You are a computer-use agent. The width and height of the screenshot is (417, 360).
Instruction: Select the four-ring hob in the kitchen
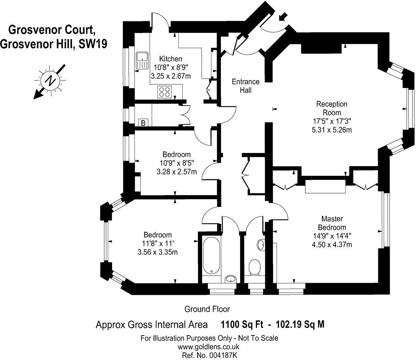164,92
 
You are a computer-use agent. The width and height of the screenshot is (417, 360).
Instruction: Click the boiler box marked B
143,123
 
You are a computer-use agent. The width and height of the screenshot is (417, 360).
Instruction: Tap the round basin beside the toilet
261,244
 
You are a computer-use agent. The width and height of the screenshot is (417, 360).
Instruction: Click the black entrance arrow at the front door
284,16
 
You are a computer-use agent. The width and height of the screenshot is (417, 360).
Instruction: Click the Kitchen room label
170,59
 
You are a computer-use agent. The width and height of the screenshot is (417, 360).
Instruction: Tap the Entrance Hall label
245,86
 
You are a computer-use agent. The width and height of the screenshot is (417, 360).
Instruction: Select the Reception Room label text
331,108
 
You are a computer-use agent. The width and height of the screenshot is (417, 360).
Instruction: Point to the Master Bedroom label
332,223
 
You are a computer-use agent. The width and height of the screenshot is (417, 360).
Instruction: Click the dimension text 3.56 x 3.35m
157,252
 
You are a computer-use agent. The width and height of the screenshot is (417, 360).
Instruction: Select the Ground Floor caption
207,309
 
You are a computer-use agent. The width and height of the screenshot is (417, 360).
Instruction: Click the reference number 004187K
223,355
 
